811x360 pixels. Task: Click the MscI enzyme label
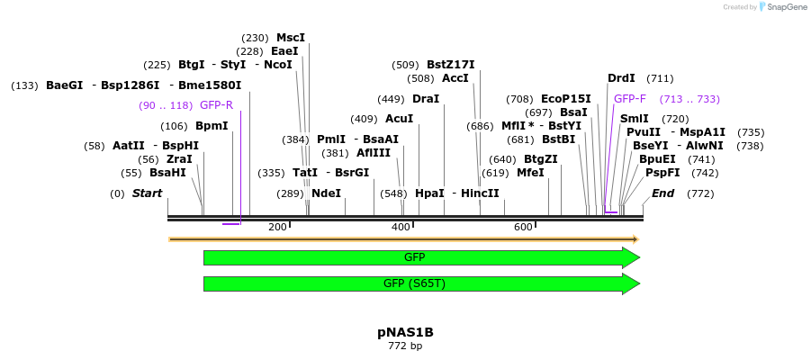291,38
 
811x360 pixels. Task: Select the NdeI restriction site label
326,193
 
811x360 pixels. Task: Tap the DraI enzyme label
425,99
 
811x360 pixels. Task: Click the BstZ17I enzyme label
450,65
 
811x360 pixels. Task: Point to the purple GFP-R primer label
216,105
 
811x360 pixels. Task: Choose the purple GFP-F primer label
630,99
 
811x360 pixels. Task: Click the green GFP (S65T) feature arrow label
414,283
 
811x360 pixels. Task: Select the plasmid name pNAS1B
405,332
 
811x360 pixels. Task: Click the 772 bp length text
405,346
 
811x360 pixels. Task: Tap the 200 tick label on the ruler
277,227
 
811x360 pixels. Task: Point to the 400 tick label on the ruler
401,227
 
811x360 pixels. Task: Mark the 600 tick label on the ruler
523,227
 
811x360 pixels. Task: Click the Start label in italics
147,193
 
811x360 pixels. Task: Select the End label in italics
662,193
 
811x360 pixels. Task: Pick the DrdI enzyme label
621,78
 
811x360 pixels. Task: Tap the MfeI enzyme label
530,173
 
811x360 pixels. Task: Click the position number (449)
391,99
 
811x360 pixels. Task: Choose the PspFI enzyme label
656,173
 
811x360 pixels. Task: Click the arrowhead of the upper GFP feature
630,257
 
